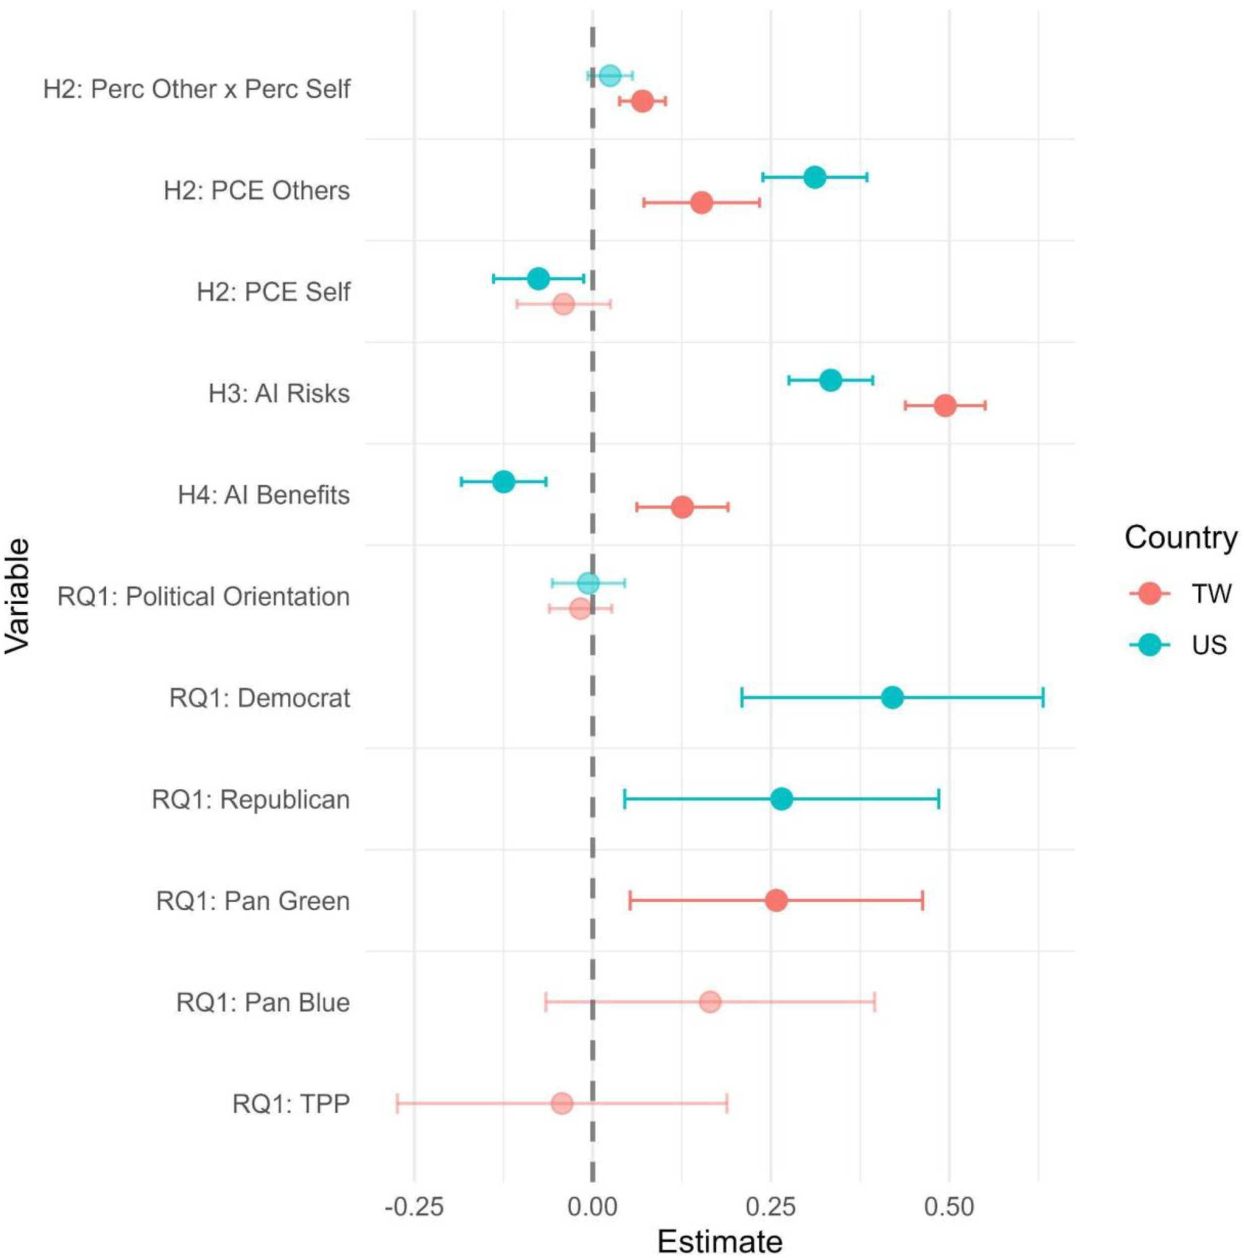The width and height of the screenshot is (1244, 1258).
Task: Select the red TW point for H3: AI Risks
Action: click(945, 406)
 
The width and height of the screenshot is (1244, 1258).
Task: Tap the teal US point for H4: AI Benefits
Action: click(503, 482)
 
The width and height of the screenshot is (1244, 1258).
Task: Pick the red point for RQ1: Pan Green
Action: click(776, 901)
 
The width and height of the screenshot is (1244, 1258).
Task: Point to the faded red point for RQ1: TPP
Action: click(562, 1104)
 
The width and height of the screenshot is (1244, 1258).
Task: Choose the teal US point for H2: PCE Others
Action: click(814, 176)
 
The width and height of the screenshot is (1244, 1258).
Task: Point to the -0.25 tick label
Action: click(414, 1207)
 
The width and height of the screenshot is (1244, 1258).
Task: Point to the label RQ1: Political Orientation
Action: click(204, 596)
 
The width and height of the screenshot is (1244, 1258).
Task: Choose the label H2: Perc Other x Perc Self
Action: click(197, 89)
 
